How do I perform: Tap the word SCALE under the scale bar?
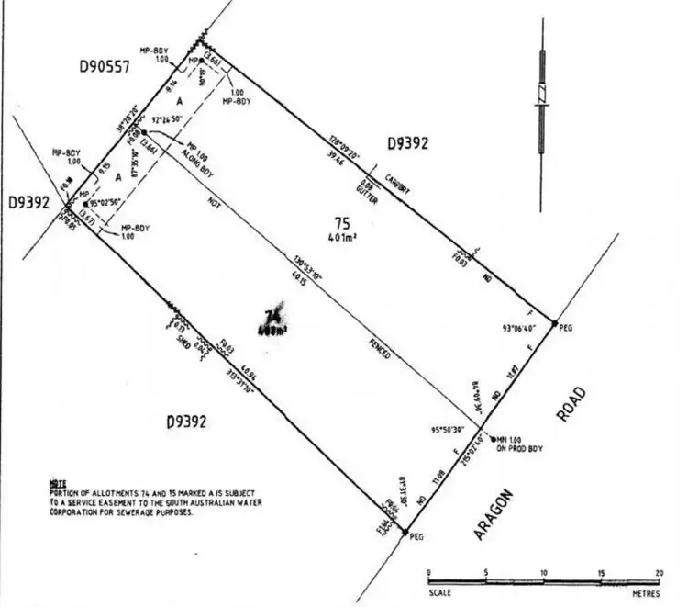pos(440,590)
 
